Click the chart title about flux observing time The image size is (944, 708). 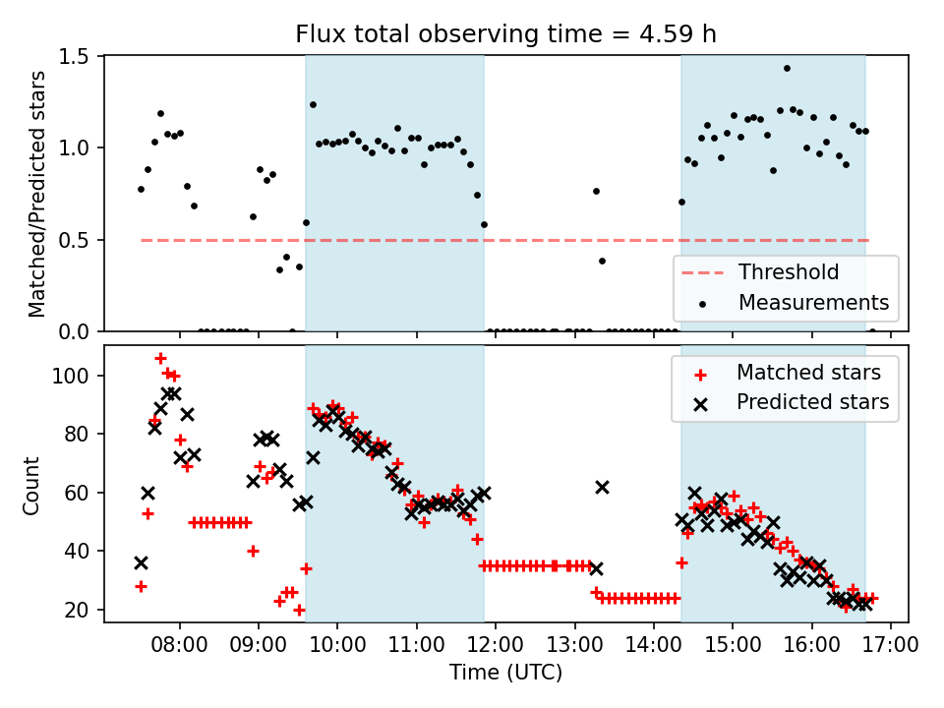(505, 34)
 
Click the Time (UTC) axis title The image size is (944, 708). (505, 674)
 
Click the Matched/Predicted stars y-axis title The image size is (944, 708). (37, 194)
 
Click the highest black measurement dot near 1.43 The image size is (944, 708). (787, 68)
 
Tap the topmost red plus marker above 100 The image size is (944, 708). (160, 358)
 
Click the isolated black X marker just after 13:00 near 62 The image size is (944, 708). (602, 487)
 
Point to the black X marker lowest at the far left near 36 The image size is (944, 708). (141, 562)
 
